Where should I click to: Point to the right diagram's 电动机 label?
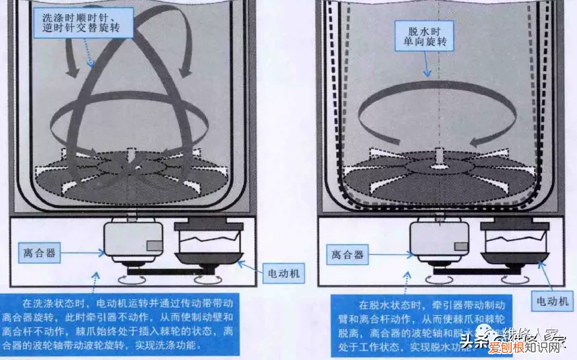point(552,301)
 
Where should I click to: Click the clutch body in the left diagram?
point(135,241)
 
